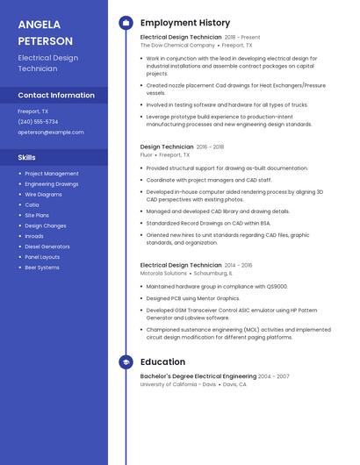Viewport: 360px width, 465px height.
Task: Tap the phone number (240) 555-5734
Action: pos(38,122)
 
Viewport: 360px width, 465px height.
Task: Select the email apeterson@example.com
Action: pos(51,132)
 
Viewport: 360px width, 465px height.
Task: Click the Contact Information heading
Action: pos(56,95)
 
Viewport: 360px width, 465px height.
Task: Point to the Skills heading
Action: pos(27,157)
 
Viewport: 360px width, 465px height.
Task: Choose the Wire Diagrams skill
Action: pos(43,195)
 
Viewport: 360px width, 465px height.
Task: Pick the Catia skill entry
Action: pos(32,205)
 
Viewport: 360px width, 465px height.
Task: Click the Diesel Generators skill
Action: pos(47,247)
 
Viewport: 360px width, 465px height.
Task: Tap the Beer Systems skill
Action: pos(42,268)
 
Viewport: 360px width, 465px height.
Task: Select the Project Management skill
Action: pos(51,174)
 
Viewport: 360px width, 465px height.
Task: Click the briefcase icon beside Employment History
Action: pos(126,23)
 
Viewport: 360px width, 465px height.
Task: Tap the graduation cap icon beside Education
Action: pos(126,361)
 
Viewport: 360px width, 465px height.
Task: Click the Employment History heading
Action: pos(185,23)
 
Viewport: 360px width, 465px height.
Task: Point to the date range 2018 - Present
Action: pos(242,38)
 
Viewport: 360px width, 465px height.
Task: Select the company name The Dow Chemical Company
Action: pos(177,45)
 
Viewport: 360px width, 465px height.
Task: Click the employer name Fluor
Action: pos(147,154)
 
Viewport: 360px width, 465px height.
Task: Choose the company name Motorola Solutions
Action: pos(163,273)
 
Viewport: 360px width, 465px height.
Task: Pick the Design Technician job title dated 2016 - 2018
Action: pos(167,147)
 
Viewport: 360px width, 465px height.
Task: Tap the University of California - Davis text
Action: pos(178,384)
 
